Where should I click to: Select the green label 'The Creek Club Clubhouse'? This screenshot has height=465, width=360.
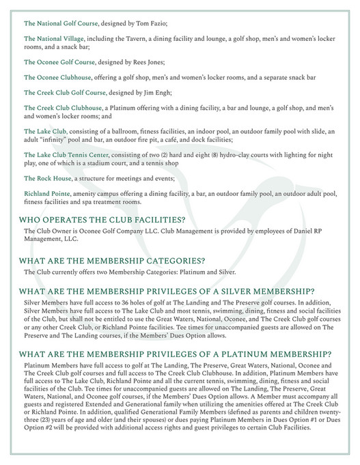(x=62, y=109)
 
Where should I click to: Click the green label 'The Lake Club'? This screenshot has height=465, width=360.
(x=45, y=132)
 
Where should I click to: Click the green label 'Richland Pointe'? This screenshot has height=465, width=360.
(x=49, y=195)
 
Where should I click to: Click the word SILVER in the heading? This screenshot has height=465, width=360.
(x=238, y=291)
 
